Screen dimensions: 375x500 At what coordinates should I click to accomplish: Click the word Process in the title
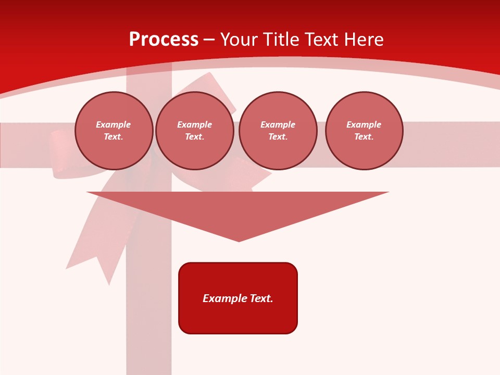tap(164, 40)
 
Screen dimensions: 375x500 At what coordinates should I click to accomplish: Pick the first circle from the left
tap(114, 131)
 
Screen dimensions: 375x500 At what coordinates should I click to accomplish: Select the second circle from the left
tap(195, 131)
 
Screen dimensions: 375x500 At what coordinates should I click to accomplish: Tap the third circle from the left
tap(278, 131)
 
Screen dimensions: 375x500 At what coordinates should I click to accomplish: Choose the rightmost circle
tap(364, 131)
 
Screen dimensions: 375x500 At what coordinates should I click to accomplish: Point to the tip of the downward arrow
tap(239, 241)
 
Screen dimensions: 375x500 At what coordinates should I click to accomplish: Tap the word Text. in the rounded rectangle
tap(261, 298)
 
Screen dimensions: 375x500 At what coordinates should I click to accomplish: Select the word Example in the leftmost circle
tap(114, 124)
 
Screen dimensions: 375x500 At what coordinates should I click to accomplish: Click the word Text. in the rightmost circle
tap(364, 137)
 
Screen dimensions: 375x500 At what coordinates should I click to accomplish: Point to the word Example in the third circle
tap(278, 124)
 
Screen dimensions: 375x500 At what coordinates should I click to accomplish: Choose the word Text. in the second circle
tap(195, 137)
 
